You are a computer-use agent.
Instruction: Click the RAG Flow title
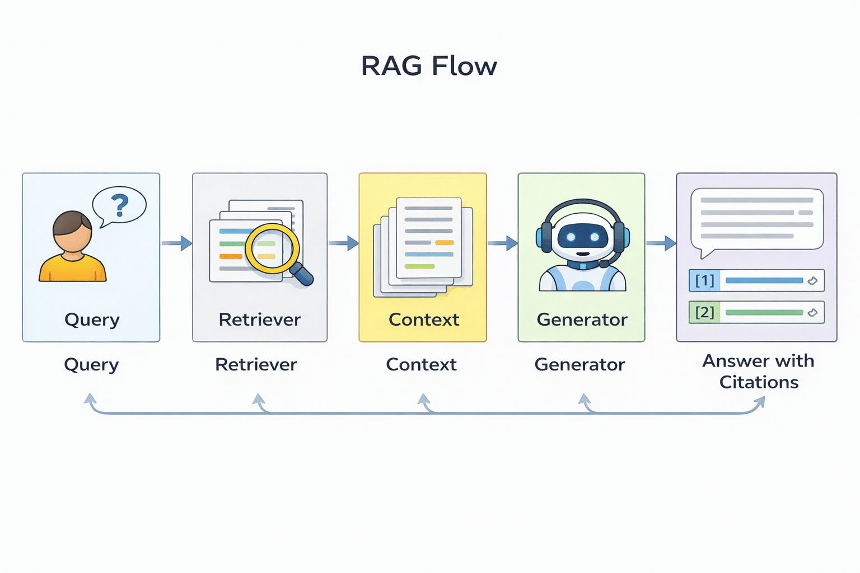429,66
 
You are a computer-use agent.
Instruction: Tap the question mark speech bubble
119,206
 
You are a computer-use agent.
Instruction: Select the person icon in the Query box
73,247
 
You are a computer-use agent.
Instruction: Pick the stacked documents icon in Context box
424,246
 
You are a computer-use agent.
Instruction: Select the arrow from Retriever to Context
343,243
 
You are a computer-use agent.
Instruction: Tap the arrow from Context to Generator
502,243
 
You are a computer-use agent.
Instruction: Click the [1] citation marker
704,280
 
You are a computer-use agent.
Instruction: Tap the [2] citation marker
704,312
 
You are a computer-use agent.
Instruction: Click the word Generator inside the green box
582,320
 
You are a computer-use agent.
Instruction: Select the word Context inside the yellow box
424,320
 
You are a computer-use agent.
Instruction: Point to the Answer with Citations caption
759,372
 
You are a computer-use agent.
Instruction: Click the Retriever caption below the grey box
256,365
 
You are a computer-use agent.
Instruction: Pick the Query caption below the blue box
91,365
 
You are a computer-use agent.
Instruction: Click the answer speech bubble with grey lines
757,219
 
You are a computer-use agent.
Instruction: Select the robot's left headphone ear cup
545,237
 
